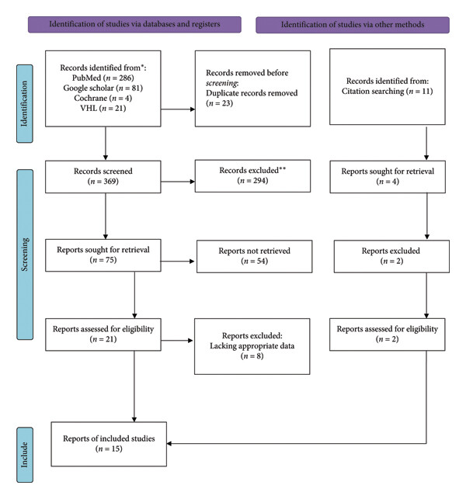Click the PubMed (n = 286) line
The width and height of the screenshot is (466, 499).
pyautogui.click(x=103, y=78)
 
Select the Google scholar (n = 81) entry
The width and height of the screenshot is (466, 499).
pyautogui.click(x=103, y=88)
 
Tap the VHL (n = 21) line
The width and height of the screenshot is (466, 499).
pyautogui.click(x=103, y=108)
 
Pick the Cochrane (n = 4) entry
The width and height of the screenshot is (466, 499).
pyautogui.click(x=103, y=98)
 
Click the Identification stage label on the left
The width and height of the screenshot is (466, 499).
pyautogui.click(x=25, y=104)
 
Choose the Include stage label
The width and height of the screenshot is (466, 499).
pyautogui.click(x=25, y=455)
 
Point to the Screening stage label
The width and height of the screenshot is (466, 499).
pyautogui.click(x=25, y=255)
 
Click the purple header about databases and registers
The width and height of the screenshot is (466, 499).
pyautogui.click(x=134, y=25)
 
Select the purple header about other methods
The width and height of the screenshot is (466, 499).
pyautogui.click(x=353, y=25)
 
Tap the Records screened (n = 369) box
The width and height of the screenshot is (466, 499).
pyautogui.click(x=103, y=177)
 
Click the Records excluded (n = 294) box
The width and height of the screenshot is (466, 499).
pyautogui.click(x=252, y=176)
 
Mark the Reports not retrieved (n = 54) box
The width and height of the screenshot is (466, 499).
pyautogui.click(x=255, y=256)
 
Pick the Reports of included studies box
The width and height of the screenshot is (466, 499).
pyautogui.click(x=109, y=444)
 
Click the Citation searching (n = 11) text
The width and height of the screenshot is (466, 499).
pyautogui.click(x=388, y=92)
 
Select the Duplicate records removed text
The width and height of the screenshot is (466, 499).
pyautogui.click(x=252, y=93)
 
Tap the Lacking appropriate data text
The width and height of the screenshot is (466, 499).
pyautogui.click(x=252, y=346)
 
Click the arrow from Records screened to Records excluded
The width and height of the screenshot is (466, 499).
pyautogui.click(x=178, y=182)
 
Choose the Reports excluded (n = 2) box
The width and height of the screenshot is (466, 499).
pyautogui.click(x=391, y=256)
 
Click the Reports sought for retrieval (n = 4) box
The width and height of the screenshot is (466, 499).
pyautogui.click(x=388, y=177)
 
